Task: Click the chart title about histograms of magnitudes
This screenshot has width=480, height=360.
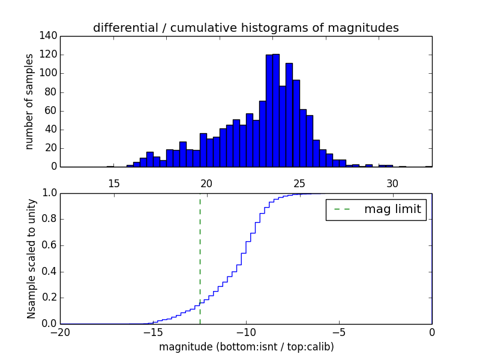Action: [245, 28]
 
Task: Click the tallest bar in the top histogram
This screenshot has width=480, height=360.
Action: [275, 111]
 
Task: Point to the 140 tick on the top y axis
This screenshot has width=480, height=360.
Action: [50, 36]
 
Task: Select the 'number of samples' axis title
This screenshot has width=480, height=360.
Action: [29, 101]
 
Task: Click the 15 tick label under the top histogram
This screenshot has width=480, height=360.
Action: [113, 183]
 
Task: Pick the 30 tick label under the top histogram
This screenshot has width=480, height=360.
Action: [392, 183]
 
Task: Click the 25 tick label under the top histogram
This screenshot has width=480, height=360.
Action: [299, 183]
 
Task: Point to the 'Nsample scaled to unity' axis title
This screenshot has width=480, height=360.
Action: [31, 259]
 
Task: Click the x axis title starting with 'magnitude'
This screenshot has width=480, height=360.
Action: [246, 347]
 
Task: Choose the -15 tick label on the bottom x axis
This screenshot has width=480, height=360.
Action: [152, 332]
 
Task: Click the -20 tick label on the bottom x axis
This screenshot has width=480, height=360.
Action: [60, 332]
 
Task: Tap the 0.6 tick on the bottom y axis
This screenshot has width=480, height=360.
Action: [49, 245]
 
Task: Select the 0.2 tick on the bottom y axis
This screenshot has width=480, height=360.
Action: [49, 298]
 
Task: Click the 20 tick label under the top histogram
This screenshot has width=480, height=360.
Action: [206, 183]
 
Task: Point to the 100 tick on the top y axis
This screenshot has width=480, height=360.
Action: [50, 73]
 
